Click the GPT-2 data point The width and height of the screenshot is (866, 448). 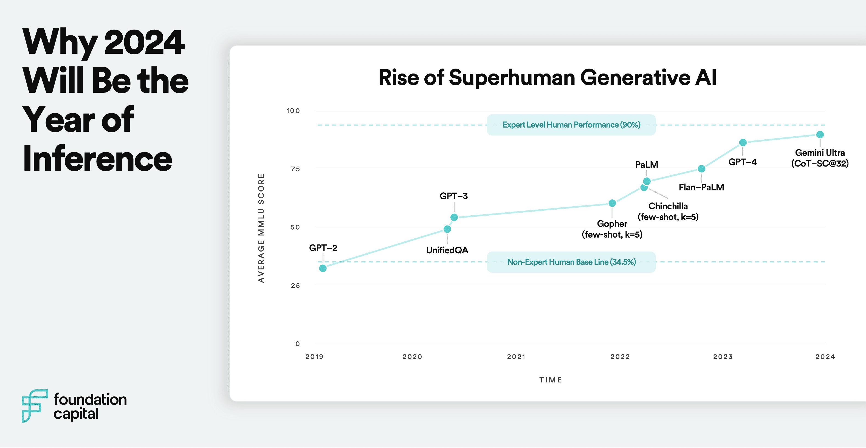[323, 268]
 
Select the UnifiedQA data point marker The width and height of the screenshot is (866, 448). [447, 229]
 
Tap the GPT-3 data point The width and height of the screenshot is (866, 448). [454, 217]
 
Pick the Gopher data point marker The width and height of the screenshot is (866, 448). [612, 203]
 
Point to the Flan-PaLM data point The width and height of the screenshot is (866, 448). [701, 169]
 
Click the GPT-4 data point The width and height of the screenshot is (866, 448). [743, 143]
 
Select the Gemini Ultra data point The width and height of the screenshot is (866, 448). [820, 134]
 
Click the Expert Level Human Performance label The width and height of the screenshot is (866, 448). [571, 125]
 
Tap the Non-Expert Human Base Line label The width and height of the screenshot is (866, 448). [571, 262]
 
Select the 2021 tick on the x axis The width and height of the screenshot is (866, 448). [516, 357]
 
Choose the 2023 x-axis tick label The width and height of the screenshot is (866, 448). [723, 357]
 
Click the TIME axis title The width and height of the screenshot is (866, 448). [550, 380]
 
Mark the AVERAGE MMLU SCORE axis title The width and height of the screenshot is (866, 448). [261, 228]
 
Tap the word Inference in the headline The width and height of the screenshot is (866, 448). [97, 158]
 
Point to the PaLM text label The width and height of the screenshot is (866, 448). [647, 165]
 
